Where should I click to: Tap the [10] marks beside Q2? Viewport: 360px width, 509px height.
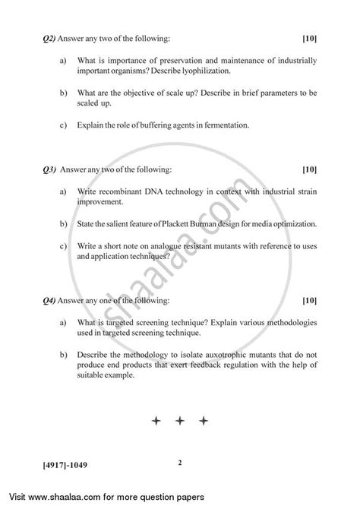(x=309, y=37)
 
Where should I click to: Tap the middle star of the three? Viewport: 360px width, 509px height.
(x=179, y=419)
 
